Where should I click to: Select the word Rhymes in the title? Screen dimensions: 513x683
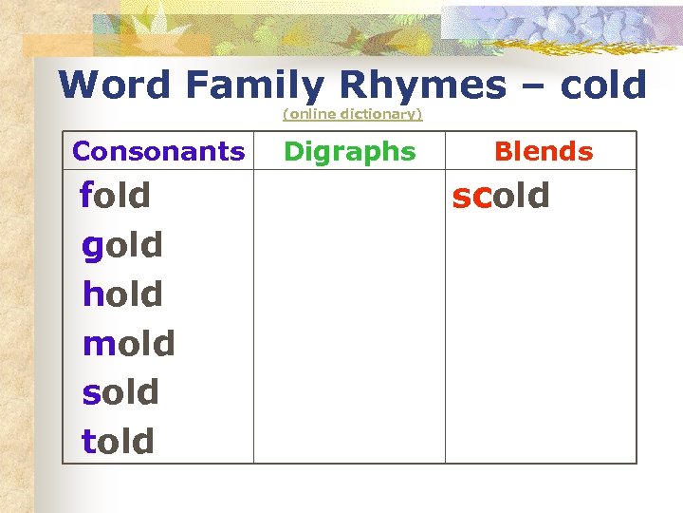point(423,85)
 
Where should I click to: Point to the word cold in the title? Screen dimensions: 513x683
point(602,85)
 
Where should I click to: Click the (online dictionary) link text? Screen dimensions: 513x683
point(352,114)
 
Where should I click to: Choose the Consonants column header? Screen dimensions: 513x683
point(158,151)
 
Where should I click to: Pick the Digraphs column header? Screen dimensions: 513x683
point(350,151)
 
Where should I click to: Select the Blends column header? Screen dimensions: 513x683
point(544,151)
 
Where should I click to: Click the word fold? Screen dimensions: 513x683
point(116,196)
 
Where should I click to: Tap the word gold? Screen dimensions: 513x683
point(122,245)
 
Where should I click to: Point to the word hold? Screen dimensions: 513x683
point(122,294)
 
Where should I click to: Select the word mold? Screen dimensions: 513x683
point(129,343)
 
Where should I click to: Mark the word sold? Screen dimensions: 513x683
point(120,392)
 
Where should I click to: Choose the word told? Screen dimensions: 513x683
point(118,441)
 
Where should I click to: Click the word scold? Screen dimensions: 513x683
point(501,196)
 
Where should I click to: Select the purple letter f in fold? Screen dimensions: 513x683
point(86,195)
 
